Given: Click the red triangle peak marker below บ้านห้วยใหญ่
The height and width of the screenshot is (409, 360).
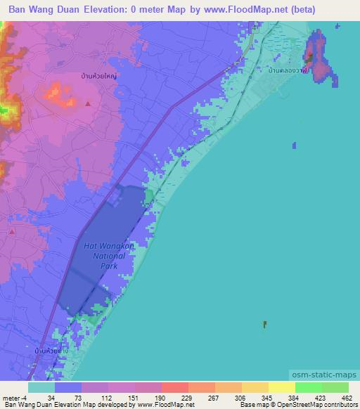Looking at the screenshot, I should (x=88, y=103).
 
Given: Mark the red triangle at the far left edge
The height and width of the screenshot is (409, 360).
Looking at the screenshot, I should (x=2, y=230).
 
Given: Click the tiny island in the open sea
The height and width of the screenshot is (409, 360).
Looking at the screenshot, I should (x=264, y=324).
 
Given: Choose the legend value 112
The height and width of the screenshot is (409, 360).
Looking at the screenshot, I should (x=87, y=398).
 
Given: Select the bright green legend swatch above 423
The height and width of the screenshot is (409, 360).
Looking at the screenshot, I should (x=308, y=387).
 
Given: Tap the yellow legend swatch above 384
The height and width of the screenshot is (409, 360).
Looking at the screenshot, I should (x=281, y=387).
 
